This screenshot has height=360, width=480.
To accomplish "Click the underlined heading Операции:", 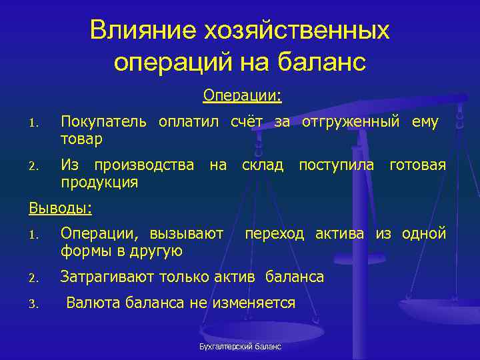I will click(243, 97).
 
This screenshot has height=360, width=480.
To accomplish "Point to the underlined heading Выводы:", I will click(60, 208).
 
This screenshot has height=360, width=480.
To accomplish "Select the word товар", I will click(81, 139).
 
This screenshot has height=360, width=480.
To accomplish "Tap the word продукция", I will click(99, 182).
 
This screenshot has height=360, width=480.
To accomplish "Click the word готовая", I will click(418, 165).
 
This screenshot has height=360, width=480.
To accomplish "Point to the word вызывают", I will click(187, 234).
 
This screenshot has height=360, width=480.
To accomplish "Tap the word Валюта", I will click(90, 303).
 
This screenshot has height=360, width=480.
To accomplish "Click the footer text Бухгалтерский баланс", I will click(241, 347).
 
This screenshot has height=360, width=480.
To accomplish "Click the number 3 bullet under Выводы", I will click(33, 305).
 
